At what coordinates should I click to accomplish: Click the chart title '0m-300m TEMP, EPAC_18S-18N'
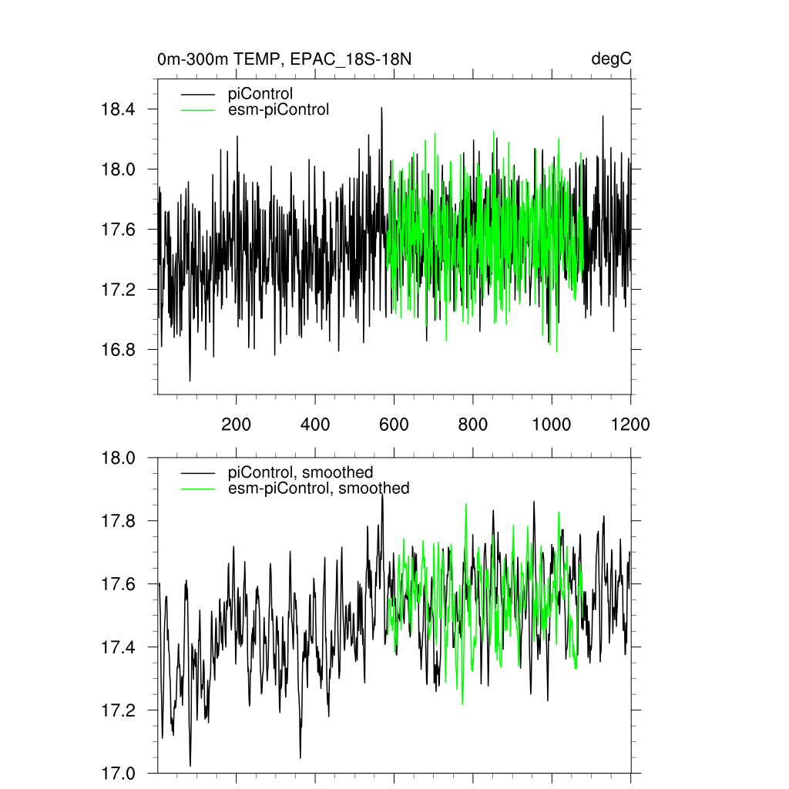coord(289,59)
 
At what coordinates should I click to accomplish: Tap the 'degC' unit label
coord(612,59)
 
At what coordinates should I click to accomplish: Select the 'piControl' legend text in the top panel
coord(260,94)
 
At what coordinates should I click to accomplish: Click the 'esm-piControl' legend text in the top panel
coord(279,109)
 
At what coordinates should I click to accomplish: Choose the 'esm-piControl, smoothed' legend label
coord(319,488)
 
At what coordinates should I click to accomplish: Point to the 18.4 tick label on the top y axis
coord(119,109)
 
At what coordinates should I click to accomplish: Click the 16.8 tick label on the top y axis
coord(119,350)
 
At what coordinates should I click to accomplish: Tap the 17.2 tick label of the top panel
coord(119,290)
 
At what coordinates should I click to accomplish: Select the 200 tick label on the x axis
coord(236,425)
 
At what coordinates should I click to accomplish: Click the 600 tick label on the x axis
coord(394,425)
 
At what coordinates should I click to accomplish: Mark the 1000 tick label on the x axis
coord(552,425)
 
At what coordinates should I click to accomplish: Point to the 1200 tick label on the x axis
coord(630,425)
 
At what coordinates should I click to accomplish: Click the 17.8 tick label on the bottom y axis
coord(119,522)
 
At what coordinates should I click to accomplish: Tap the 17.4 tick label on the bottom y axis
coord(119,647)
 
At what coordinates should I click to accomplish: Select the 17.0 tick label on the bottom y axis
coord(119,773)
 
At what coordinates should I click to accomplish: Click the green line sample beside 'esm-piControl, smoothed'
coord(196,488)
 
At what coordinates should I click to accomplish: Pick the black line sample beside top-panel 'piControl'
coord(196,94)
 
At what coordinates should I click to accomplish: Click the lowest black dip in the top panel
coord(190,380)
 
